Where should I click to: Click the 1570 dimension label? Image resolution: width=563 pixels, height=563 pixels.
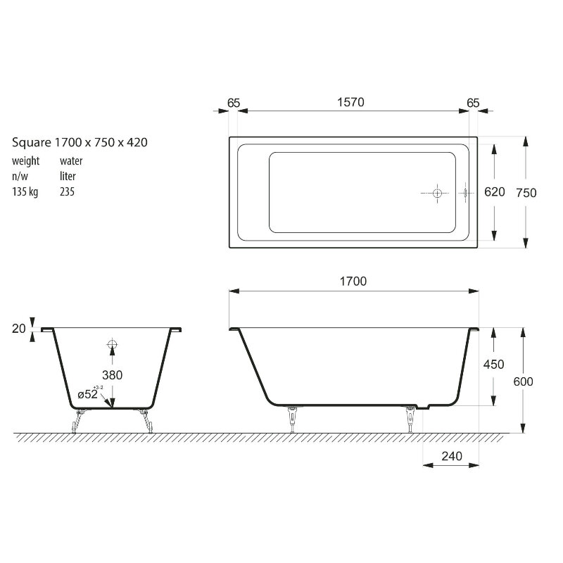coord(350,102)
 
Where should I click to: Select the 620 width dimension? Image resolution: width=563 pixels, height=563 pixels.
coord(495,192)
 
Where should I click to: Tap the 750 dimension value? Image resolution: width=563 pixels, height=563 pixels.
coord(526,193)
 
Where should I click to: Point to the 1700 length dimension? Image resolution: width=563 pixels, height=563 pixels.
coord(353,281)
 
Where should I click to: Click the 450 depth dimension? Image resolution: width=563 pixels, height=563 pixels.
coord(494,365)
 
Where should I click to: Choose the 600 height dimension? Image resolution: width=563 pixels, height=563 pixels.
coord(523,381)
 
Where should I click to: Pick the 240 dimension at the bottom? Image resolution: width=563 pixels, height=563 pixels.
coord(452,456)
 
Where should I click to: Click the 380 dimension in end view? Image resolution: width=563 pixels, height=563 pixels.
coord(113,375)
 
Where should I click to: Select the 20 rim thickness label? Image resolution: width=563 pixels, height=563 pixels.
coord(19,329)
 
